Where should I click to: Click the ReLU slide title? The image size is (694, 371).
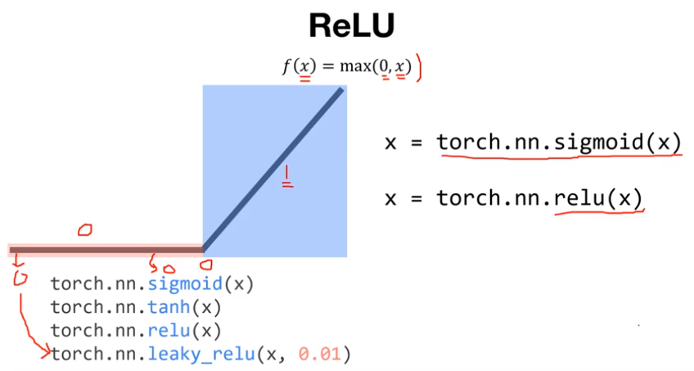tap(351, 26)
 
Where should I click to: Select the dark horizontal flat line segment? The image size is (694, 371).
tap(106, 249)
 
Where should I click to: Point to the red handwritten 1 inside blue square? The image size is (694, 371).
tap(287, 175)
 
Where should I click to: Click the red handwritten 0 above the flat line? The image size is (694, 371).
tap(83, 230)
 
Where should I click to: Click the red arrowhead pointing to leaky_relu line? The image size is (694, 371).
tap(46, 354)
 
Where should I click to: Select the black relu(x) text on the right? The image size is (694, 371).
tap(597, 198)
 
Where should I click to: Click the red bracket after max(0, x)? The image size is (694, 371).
tap(418, 68)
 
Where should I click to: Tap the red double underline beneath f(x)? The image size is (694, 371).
tap(305, 79)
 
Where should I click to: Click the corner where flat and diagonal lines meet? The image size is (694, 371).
tap(203, 249)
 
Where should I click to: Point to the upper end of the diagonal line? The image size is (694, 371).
tap(341, 89)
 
